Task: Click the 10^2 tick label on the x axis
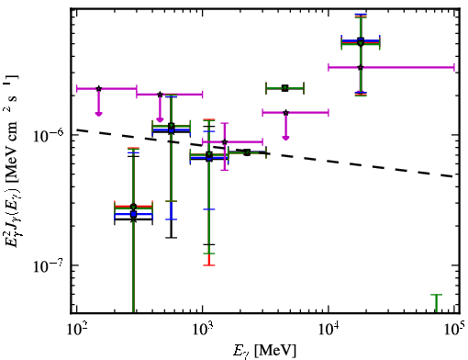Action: coord(76,329)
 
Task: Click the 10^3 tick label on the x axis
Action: coord(203,329)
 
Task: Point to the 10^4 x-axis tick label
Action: coord(329,329)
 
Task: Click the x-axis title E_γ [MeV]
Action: coord(264,351)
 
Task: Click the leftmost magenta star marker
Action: coord(98,88)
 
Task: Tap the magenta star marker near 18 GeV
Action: coord(361,67)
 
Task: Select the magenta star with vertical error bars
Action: coord(225,141)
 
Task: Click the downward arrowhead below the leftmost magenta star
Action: coord(98,114)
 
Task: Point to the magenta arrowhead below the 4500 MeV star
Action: coord(285,138)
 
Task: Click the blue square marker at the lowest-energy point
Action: coord(133,214)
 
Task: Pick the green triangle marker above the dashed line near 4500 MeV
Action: coord(285,88)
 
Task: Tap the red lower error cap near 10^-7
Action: coord(209,265)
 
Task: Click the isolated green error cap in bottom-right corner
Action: coord(437,295)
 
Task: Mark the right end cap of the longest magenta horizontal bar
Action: coord(454,67)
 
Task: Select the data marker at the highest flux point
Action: coord(361,41)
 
